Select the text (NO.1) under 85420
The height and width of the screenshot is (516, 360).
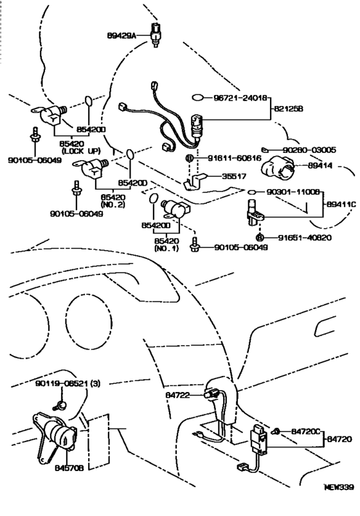165,248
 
